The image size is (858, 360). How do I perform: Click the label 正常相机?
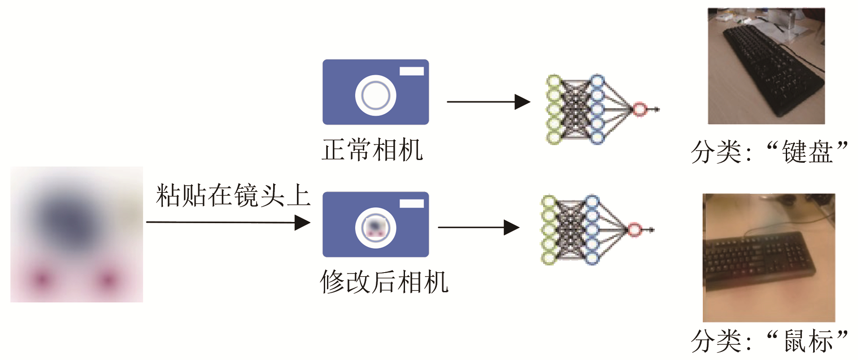coord(372,150)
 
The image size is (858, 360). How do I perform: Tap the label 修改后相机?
coord(384,282)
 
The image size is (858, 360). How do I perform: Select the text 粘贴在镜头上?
coord(233,195)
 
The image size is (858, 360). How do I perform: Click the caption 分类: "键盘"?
coord(769,152)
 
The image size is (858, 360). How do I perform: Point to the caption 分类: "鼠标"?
coord(769,341)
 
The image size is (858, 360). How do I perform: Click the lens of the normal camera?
coord(376,95)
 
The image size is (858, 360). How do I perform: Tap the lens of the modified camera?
coord(376,228)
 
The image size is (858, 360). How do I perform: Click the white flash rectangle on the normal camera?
coord(411,71)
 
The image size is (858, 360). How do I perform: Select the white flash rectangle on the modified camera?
coord(411,204)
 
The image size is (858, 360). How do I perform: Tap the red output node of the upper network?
coord(639,109)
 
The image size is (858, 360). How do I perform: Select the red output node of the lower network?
coord(634,230)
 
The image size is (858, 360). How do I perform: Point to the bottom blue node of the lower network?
coord(592,258)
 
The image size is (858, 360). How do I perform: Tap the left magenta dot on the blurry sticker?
coord(42,279)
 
